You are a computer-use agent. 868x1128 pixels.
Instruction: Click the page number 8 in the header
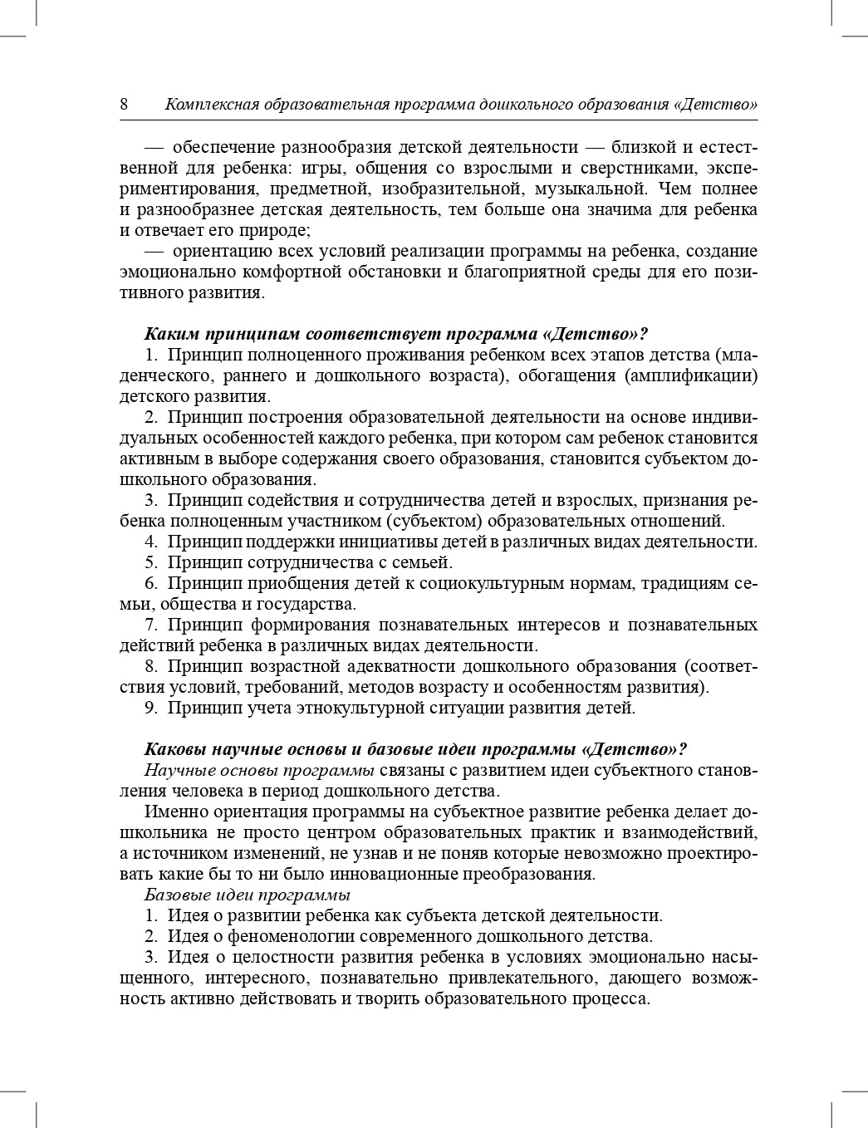pos(124,105)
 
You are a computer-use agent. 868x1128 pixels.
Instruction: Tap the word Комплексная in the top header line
pos(211,105)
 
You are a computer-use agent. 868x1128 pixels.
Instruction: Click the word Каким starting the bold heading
pos(169,334)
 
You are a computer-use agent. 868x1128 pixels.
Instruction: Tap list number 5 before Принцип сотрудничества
pos(150,562)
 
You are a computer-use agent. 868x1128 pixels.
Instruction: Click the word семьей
pos(423,562)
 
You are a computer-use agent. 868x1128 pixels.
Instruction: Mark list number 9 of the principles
pos(150,708)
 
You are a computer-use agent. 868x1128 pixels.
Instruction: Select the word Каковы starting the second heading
pos(172,748)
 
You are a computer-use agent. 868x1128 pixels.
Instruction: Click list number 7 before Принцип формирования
pos(150,625)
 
